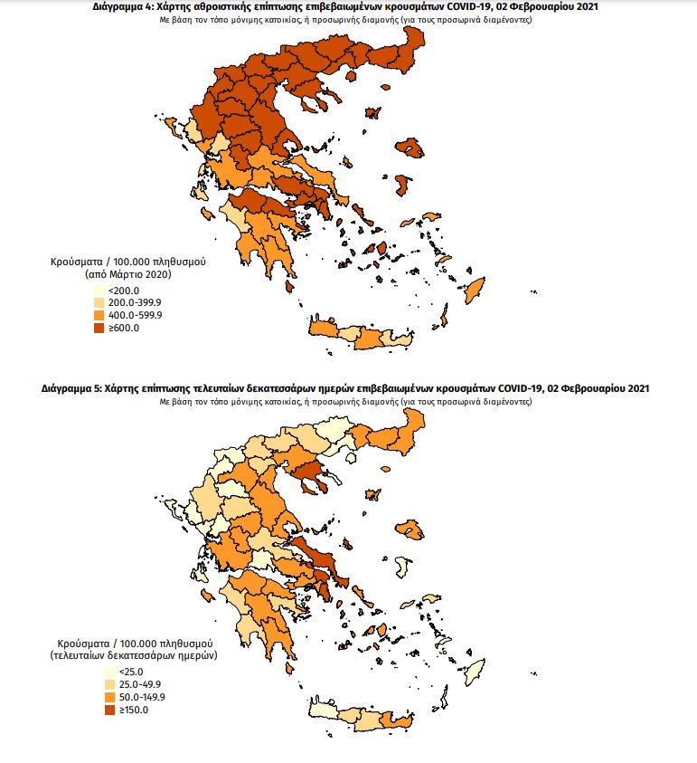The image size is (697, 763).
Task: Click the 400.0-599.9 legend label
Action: [135, 315]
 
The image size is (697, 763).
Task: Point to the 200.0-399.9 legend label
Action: [135, 302]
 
